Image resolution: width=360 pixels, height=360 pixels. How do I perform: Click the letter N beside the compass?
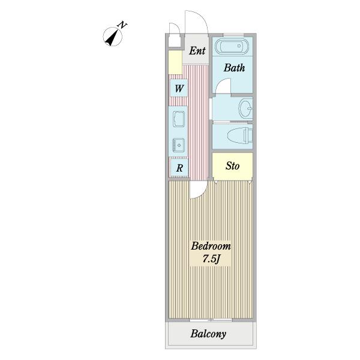[122, 25]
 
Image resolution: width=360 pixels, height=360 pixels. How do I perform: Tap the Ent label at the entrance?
[197, 51]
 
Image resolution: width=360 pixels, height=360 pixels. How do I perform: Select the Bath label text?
[234, 68]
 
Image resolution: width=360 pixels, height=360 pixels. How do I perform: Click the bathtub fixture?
[232, 46]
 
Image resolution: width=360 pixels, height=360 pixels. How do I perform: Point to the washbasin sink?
[245, 109]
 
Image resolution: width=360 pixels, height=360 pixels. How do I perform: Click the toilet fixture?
[240, 136]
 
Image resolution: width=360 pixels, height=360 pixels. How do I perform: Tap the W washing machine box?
[179, 88]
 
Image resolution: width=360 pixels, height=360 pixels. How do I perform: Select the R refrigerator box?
[179, 168]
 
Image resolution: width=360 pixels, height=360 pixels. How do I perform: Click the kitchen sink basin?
[179, 119]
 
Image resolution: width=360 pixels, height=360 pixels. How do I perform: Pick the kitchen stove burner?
[179, 145]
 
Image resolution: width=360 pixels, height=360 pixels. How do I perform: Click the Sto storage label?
[232, 166]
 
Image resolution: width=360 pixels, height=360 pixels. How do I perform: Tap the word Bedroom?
[211, 246]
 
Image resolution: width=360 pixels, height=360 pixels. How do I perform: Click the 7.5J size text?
[211, 259]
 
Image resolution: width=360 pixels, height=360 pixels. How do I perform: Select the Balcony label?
[208, 334]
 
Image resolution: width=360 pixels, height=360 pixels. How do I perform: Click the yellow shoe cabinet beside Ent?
[175, 62]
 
